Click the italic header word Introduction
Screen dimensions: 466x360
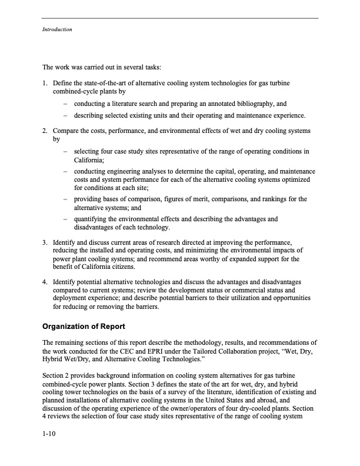tap(56, 29)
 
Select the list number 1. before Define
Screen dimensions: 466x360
tap(45, 84)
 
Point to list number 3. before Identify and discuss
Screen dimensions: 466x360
tap(45, 242)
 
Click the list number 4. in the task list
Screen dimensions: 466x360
tap(45, 282)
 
